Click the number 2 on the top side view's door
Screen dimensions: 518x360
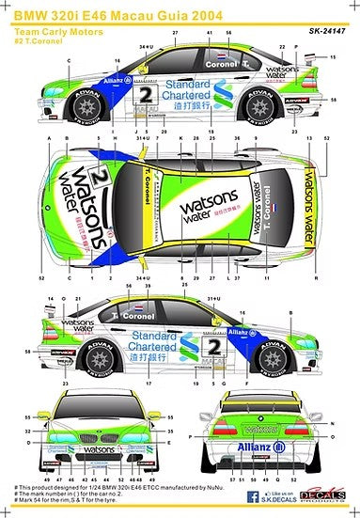pos(145,95)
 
